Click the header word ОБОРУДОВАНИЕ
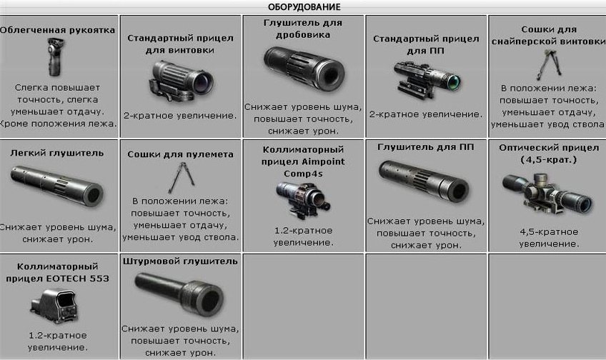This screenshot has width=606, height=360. pyautogui.click(x=304, y=6)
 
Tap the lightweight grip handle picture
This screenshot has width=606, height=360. pyautogui.click(x=55, y=58)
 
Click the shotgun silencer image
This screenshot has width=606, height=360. pyautogui.click(x=304, y=68)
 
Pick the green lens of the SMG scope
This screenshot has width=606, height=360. pyautogui.click(x=453, y=81)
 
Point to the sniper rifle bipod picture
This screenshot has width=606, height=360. pyautogui.click(x=548, y=64)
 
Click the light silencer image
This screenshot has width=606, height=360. pyautogui.click(x=57, y=186)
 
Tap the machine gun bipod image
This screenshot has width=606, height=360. pyautogui.click(x=181, y=178)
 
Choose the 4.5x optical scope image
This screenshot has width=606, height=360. pyautogui.click(x=547, y=194)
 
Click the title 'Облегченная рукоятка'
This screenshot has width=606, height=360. pyautogui.click(x=58, y=30)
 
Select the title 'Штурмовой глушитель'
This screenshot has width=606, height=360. pyautogui.click(x=180, y=261)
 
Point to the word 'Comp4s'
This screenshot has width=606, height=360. pyautogui.click(x=303, y=174)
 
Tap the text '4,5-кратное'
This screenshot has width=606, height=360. pyautogui.click(x=549, y=232)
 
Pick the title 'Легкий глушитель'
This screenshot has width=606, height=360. pyautogui.click(x=57, y=153)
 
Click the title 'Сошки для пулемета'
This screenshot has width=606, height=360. pyautogui.click(x=181, y=154)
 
